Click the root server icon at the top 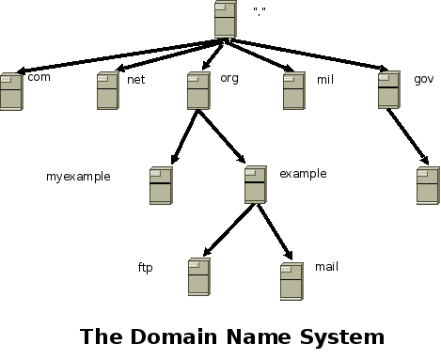tap(225, 20)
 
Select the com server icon tap(11, 92)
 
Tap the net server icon tap(106, 91)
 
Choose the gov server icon tap(389, 90)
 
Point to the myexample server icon tap(161, 186)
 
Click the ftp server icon tap(197, 277)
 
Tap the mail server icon tap(291, 281)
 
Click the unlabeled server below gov tap(428, 186)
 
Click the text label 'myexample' tap(79, 176)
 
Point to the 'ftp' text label tap(146, 268)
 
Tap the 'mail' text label tap(326, 267)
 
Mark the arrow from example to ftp tap(227, 230)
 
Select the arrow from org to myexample tap(184, 137)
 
